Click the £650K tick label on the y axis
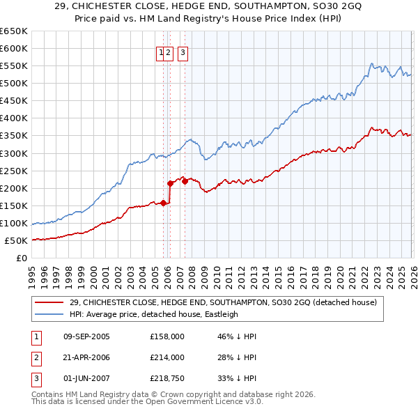point(14,31)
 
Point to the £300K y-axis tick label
point(14,153)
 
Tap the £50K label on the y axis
point(17,241)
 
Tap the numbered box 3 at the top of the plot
point(183,51)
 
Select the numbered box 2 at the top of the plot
point(169,51)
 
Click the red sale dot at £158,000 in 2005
point(163,203)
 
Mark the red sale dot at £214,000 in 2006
point(171,183)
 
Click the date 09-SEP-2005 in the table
point(86,336)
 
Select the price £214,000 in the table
point(167,357)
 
